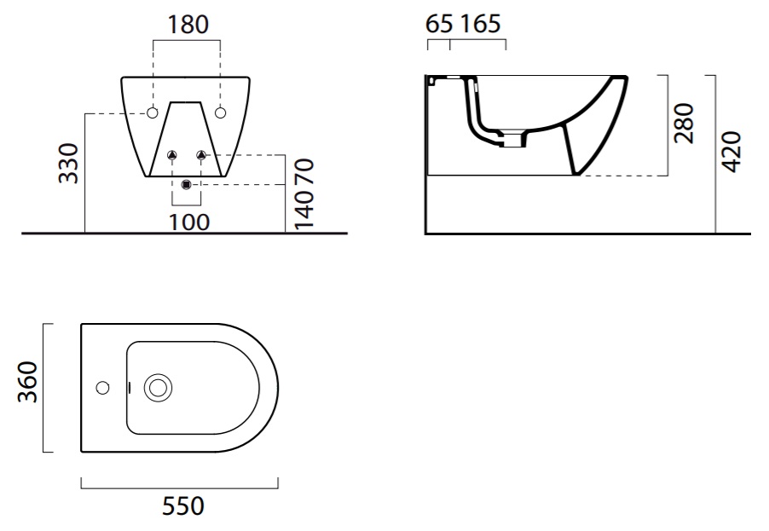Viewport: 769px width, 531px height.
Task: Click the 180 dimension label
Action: tap(188, 25)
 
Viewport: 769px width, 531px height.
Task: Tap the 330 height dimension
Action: tap(68, 164)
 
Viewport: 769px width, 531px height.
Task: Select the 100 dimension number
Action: tap(189, 222)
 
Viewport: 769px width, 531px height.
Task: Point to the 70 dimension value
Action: tap(304, 172)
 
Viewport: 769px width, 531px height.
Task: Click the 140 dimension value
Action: tap(304, 209)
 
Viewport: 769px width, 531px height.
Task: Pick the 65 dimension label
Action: tap(439, 24)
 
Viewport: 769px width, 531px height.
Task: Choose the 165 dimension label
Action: tap(480, 24)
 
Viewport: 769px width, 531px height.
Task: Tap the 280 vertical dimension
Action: tap(685, 123)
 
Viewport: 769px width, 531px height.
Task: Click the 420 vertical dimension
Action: tap(732, 152)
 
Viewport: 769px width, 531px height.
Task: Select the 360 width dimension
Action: tap(27, 382)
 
